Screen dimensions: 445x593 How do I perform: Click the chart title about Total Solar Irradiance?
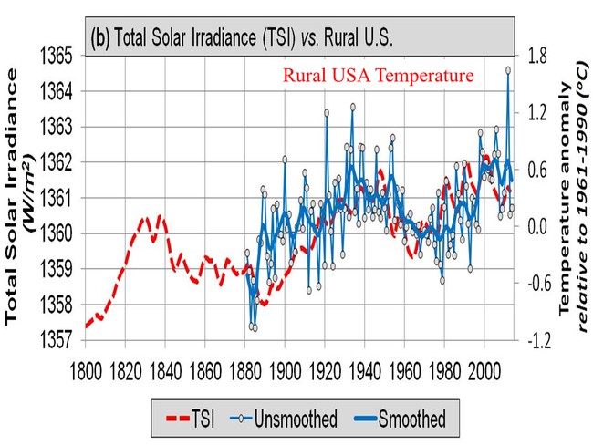(x=242, y=37)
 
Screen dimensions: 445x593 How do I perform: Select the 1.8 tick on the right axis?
(x=536, y=57)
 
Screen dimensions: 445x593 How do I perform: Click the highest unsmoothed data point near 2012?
(x=508, y=70)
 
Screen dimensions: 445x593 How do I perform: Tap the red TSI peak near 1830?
(x=144, y=219)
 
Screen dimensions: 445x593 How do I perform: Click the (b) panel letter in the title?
(x=99, y=37)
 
